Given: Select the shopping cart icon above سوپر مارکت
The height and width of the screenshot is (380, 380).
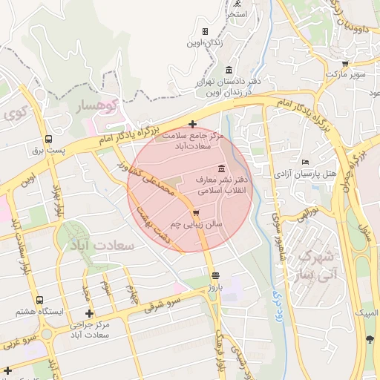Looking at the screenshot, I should click(345, 63).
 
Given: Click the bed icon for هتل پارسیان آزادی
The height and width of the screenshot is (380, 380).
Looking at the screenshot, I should click(305, 162).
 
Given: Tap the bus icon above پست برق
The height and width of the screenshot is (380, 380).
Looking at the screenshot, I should click(48, 139).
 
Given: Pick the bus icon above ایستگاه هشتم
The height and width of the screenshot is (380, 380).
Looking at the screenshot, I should click(39, 300).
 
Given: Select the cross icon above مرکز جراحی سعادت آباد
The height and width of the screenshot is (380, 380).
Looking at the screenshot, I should click(90, 313).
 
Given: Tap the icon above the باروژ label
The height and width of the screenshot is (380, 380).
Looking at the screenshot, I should click(215, 275).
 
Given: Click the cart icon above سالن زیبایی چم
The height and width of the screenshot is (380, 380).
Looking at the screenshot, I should click(196, 212).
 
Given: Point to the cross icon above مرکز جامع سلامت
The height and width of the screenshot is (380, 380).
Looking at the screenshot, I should click(193, 124).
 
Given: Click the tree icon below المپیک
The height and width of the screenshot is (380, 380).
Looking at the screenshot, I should click(369, 340).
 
